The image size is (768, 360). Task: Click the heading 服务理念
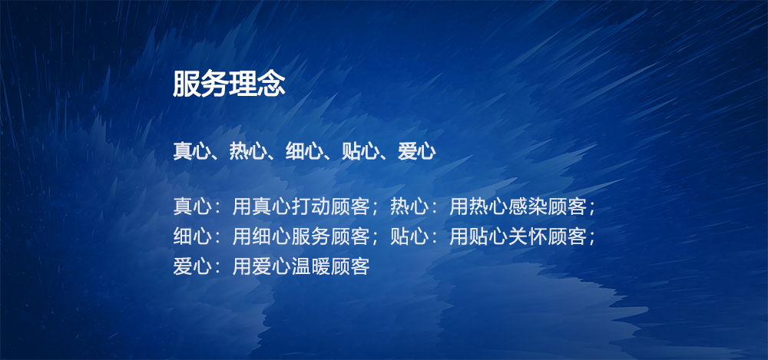pyautogui.click(x=229, y=84)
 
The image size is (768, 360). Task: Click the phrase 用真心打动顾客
pyautogui.click(x=301, y=206)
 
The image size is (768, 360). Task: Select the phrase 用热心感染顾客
pyautogui.click(x=518, y=206)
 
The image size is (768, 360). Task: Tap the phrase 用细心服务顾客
pyautogui.click(x=301, y=236)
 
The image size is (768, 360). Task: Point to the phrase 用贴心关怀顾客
pyautogui.click(x=518, y=236)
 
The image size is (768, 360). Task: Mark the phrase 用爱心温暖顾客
pyautogui.click(x=301, y=266)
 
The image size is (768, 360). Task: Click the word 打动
pyautogui.click(x=311, y=206)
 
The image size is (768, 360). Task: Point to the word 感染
pyautogui.click(x=528, y=206)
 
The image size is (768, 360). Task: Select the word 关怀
pyautogui.click(x=528, y=236)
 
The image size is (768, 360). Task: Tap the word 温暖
pyautogui.click(x=311, y=266)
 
